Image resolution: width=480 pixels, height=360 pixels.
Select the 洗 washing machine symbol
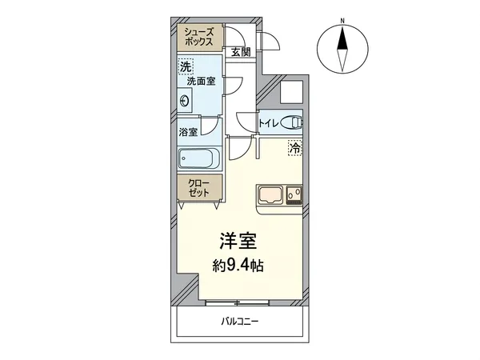(186, 67)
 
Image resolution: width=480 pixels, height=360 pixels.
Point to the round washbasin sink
(186, 101)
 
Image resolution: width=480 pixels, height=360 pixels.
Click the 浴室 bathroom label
(188, 132)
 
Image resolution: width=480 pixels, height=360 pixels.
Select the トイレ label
(267, 123)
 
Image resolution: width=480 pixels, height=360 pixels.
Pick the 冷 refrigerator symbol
(295, 147)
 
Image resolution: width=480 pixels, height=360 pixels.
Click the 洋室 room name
(238, 240)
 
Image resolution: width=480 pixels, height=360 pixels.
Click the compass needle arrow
(342, 48)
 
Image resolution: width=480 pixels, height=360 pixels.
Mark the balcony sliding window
(241, 302)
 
